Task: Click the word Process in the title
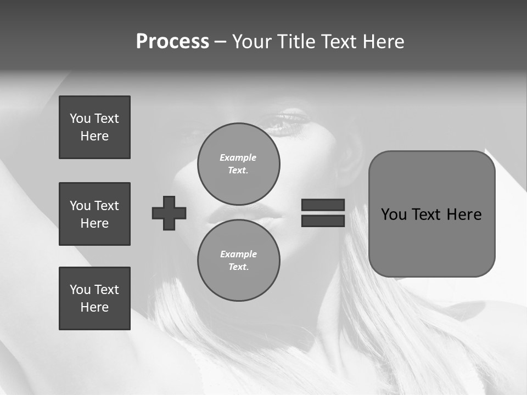pos(172,42)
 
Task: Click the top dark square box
pos(94,127)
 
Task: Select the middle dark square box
pos(94,214)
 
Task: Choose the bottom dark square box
pos(94,298)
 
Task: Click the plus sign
pos(169,213)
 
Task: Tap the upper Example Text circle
pos(239,163)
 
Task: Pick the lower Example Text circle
pos(239,260)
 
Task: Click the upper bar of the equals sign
pos(323,205)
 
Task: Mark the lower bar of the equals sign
pos(323,221)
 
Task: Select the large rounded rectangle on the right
pos(432,214)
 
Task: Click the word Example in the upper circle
pos(238,157)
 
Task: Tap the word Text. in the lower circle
pos(239,267)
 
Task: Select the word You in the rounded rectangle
pos(394,215)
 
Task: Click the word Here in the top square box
pos(94,136)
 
